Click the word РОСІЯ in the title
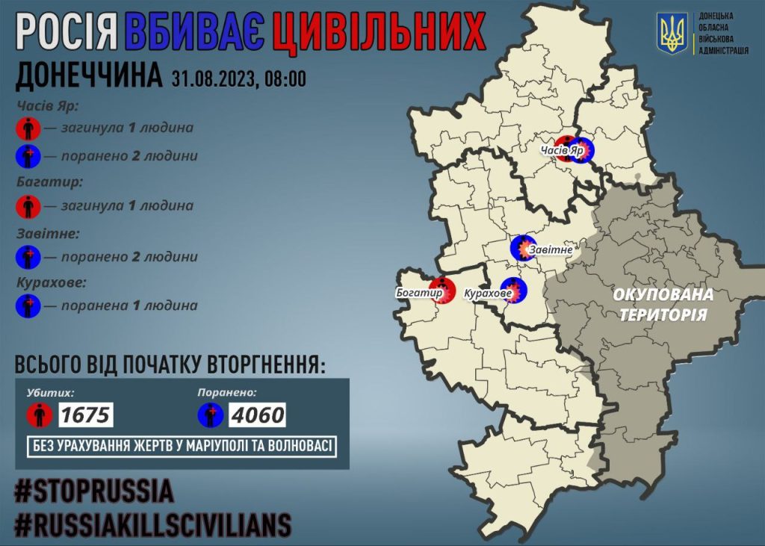pos(66,34)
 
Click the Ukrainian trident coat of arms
pos(672,34)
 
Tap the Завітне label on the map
pos(551,249)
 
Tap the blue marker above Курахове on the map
pos(513,287)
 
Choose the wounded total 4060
pos(256,414)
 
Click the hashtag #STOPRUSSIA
pos(94,491)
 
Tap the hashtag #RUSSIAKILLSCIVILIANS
pos(152,525)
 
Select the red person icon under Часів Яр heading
pos(28,128)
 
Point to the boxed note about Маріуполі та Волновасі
pos(183,447)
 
